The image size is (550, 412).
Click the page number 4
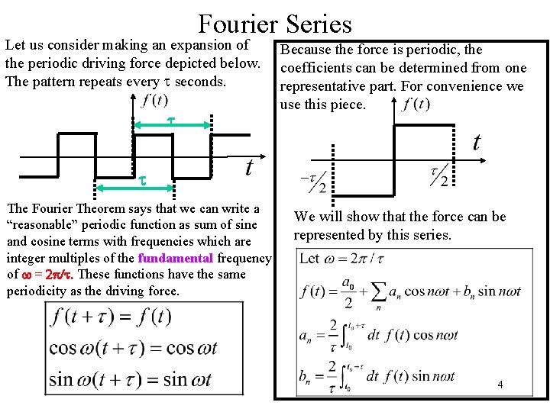pyautogui.click(x=500, y=385)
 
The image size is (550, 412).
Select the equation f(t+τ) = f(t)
pyautogui.click(x=112, y=317)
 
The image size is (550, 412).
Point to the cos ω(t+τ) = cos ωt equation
pyautogui.click(x=133, y=348)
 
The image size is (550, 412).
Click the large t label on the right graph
pyautogui.click(x=477, y=143)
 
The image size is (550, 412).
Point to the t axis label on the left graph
pyautogui.click(x=249, y=167)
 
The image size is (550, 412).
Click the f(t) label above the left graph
pyautogui.click(x=156, y=100)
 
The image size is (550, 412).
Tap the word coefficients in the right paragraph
pyautogui.click(x=316, y=68)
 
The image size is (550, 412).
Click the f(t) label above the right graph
pyautogui.click(x=417, y=104)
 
